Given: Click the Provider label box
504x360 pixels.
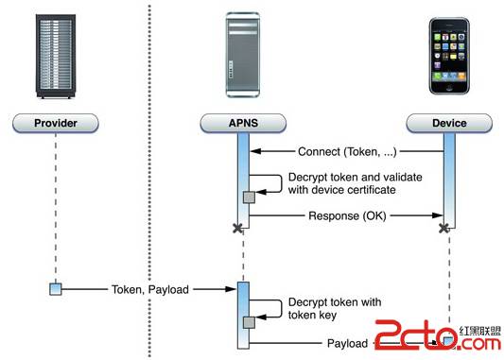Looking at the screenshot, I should point(54,122).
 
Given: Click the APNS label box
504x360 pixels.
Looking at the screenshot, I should point(243,122).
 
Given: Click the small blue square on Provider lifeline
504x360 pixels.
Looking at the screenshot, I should point(55,288).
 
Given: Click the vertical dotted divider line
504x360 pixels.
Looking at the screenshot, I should point(149,180).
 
